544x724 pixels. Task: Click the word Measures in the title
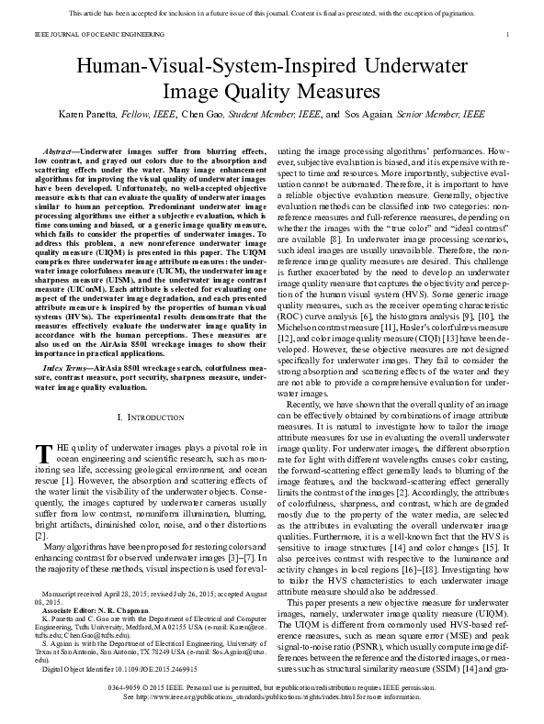tap(335, 91)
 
